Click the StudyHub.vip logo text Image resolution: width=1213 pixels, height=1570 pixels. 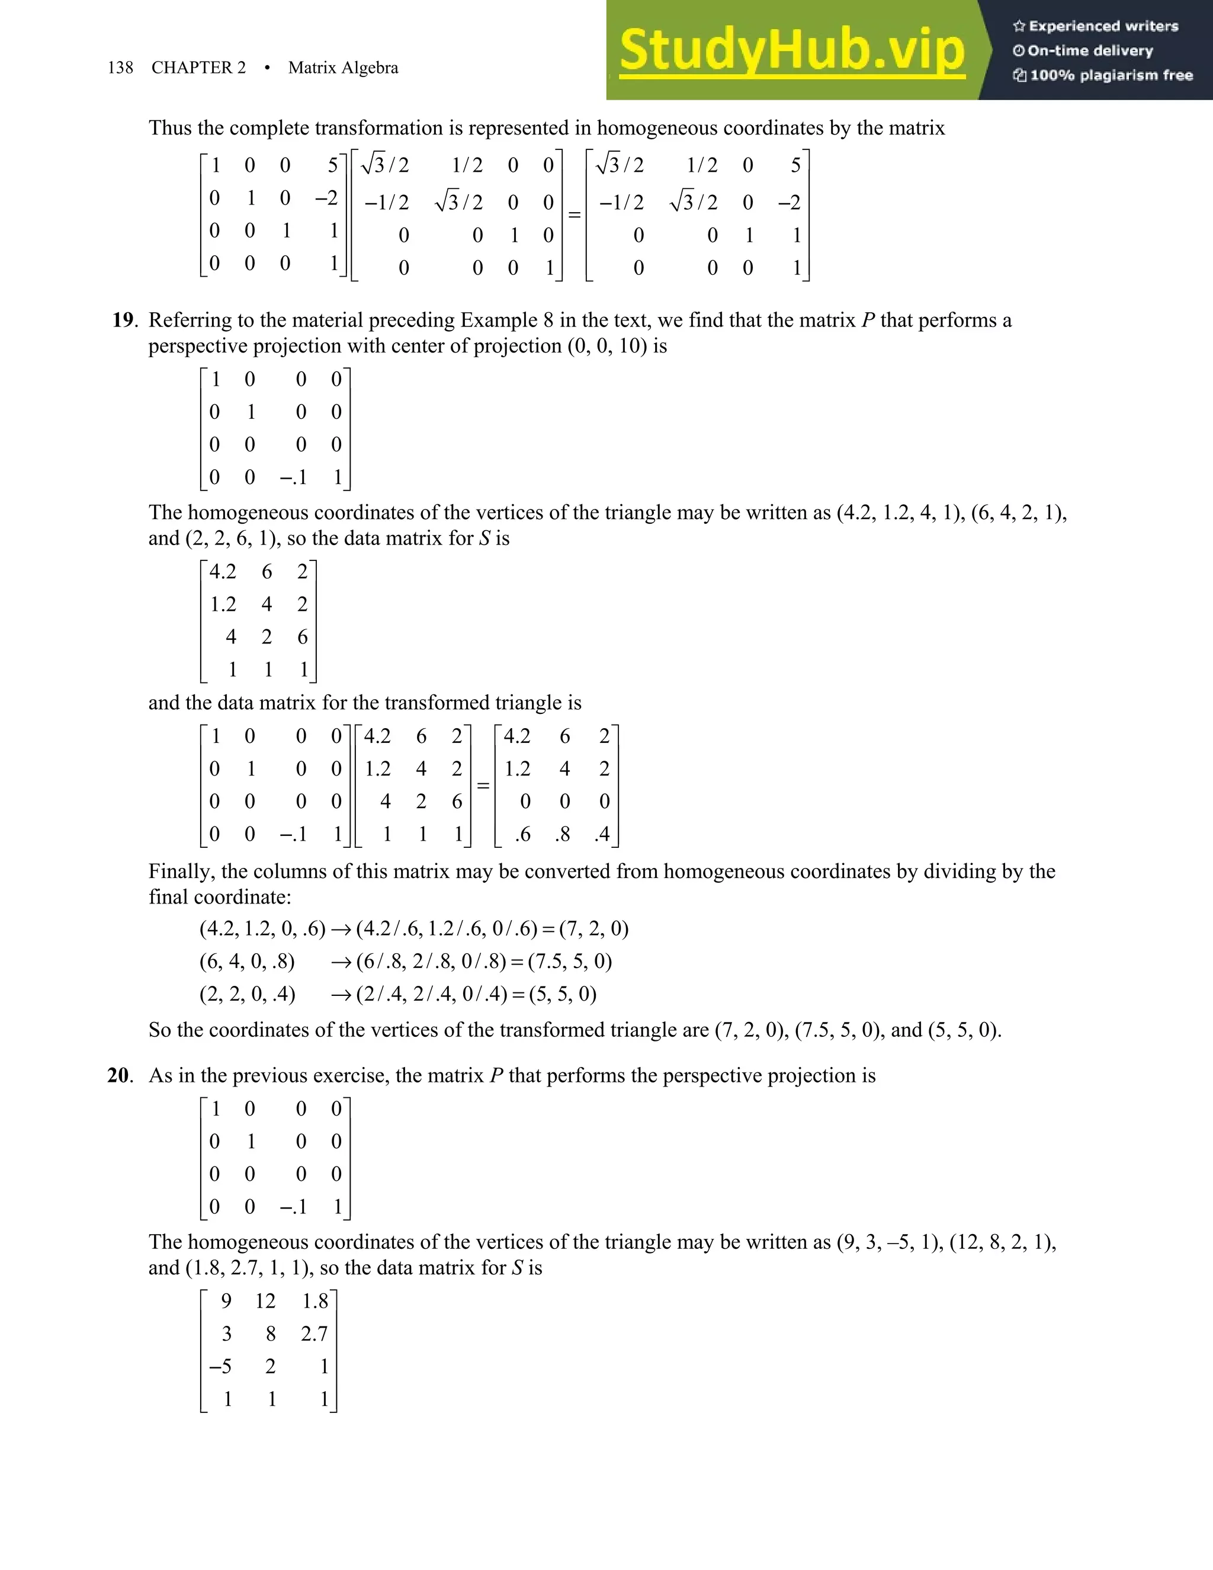(792, 50)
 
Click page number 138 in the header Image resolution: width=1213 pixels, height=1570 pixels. (120, 68)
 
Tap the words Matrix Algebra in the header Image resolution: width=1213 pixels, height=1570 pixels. (343, 68)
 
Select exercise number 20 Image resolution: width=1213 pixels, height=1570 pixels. (119, 1075)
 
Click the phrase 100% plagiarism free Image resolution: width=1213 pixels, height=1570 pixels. (1111, 75)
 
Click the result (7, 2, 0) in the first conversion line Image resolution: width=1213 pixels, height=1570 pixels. (593, 929)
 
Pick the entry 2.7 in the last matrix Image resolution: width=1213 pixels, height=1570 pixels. (314, 1334)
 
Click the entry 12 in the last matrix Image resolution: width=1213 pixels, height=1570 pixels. (265, 1301)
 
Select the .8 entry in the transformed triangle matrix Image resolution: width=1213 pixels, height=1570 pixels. (563, 834)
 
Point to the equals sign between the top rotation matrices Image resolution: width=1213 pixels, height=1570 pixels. (574, 214)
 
